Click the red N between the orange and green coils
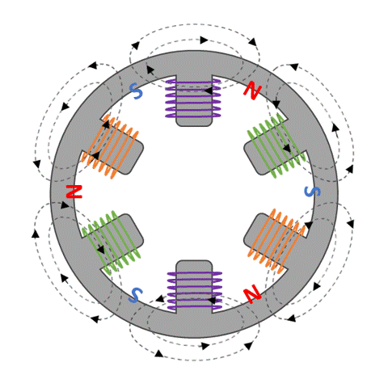coord(74,192)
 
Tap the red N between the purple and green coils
coord(252,91)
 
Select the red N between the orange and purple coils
coord(252,293)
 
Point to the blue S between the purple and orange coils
coord(136,92)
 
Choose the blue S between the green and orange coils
coord(311,192)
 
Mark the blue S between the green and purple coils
coord(135,295)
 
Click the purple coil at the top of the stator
coord(194,97)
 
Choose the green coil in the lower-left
coord(110,240)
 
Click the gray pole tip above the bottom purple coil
coord(194,266)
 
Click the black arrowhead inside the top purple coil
coord(208,91)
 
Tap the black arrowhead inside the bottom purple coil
coord(212,300)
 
